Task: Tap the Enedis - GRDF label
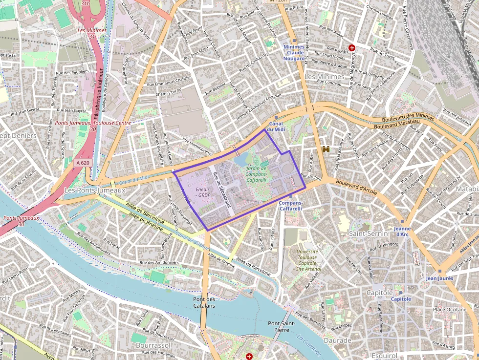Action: pyautogui.click(x=203, y=192)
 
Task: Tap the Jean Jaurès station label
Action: pyautogui.click(x=439, y=278)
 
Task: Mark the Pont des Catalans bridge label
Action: pyautogui.click(x=204, y=302)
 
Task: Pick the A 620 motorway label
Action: pyautogui.click(x=83, y=163)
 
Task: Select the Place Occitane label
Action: pyautogui.click(x=449, y=309)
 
